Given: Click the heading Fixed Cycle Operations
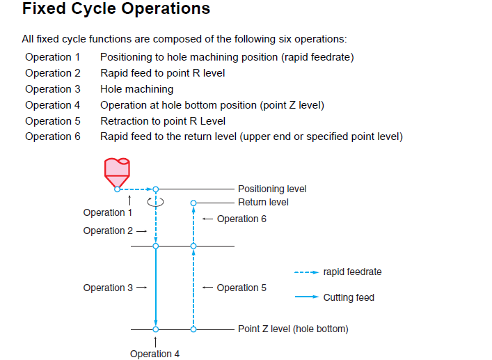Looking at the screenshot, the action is tap(116, 8).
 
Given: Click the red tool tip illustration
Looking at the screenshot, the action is tap(117, 173).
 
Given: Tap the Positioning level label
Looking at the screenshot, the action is tap(272, 189).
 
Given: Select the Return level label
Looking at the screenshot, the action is tap(263, 202).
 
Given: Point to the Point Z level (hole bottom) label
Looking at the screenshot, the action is tap(293, 329).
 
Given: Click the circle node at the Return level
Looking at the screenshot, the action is tap(193, 203).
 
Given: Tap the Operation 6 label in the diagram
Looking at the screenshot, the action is tap(241, 219).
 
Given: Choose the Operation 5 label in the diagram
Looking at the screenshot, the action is tap(241, 288).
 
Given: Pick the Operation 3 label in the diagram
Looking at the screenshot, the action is tap(108, 288).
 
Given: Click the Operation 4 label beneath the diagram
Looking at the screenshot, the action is tap(154, 354).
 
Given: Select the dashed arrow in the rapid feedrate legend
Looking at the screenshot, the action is tap(307, 272).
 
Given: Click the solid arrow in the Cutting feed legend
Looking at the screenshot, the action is tap(307, 297).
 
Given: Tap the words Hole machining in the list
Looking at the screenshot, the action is tap(137, 89).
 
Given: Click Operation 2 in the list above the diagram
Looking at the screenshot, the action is tap(53, 73).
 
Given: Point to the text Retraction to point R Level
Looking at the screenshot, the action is tap(163, 121).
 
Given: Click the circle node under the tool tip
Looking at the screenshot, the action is tap(117, 189).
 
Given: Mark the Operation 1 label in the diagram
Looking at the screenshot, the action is tap(107, 212).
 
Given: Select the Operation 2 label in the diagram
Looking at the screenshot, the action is tap(108, 230).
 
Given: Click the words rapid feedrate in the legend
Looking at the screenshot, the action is tap(352, 272).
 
